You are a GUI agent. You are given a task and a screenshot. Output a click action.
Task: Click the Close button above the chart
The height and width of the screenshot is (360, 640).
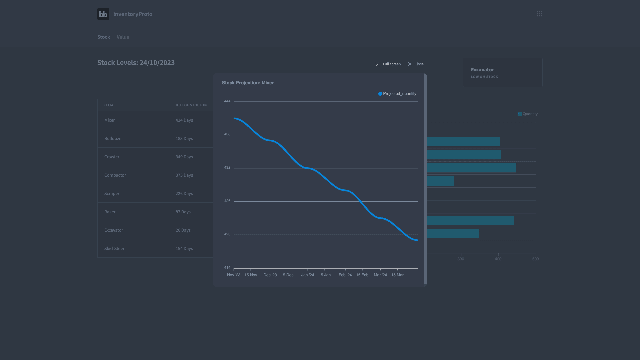coord(415,64)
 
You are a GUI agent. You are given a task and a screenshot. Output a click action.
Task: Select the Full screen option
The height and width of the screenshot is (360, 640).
coord(388,64)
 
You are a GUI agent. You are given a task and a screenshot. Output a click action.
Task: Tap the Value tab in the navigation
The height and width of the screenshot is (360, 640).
coord(123,37)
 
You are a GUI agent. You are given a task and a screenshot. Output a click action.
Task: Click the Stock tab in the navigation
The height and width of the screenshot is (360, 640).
coord(104,37)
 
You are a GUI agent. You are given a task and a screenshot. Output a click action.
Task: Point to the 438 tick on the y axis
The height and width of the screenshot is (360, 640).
coord(227,134)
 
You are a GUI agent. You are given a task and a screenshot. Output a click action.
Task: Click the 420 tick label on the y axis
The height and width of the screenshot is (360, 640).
coord(227,234)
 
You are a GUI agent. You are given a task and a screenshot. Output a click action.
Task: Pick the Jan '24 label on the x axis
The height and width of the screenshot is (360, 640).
coord(308,275)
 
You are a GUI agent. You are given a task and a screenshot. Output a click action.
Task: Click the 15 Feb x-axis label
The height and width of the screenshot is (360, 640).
coord(362,275)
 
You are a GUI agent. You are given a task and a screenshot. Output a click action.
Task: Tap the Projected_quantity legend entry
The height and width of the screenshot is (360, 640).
coord(397,94)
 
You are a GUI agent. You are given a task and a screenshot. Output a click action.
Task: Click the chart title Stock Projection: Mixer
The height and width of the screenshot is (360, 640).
coord(248,83)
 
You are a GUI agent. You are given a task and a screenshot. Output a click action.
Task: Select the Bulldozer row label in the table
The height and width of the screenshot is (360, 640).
coord(114,138)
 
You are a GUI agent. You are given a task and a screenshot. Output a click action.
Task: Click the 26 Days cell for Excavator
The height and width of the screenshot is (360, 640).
coord(183,230)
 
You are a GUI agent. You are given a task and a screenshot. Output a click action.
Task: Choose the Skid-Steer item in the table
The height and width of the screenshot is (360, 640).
coord(114,248)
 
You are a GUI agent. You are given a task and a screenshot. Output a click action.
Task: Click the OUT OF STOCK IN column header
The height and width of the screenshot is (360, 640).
coord(191,105)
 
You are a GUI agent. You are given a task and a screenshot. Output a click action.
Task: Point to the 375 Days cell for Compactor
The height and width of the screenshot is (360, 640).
coord(184,175)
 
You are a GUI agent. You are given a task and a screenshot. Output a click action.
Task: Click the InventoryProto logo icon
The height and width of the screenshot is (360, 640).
coord(103,14)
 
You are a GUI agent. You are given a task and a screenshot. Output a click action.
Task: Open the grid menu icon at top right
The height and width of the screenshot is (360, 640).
coord(539,14)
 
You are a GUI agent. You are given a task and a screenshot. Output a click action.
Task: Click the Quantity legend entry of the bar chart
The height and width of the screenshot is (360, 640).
coord(527,114)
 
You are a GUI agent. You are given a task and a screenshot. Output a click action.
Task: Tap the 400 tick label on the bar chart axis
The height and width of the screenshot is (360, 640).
coord(498,259)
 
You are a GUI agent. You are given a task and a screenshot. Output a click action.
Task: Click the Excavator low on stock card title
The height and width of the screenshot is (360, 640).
coord(482,70)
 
